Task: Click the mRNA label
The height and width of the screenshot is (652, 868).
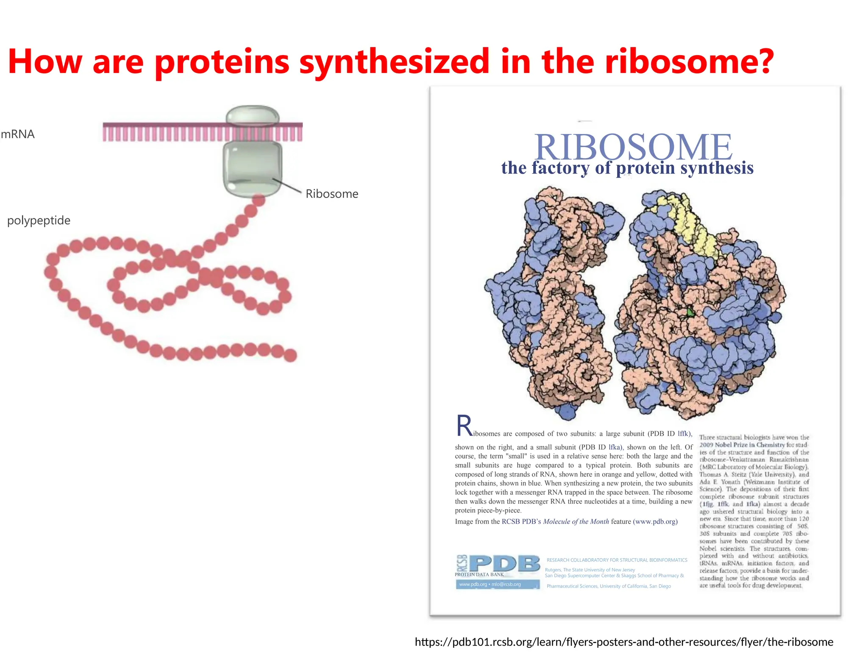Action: tap(18, 134)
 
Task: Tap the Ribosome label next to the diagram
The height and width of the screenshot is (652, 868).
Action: tap(332, 194)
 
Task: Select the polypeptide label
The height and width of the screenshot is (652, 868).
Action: tap(39, 220)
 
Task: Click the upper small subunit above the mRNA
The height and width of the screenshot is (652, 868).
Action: tap(253, 115)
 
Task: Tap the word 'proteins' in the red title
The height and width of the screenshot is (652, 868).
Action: tap(222, 62)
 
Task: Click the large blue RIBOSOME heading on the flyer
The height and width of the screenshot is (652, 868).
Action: tap(633, 147)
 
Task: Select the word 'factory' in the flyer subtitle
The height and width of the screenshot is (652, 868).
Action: tap(560, 168)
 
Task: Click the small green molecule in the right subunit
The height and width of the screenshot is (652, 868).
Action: tap(690, 313)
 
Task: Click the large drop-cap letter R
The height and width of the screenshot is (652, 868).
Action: tap(465, 426)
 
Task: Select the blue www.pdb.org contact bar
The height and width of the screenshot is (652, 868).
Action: tap(498, 585)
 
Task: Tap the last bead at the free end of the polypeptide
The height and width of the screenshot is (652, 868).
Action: tap(290, 355)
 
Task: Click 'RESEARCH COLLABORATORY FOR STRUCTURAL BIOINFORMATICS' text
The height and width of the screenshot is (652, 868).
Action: tap(617, 560)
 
